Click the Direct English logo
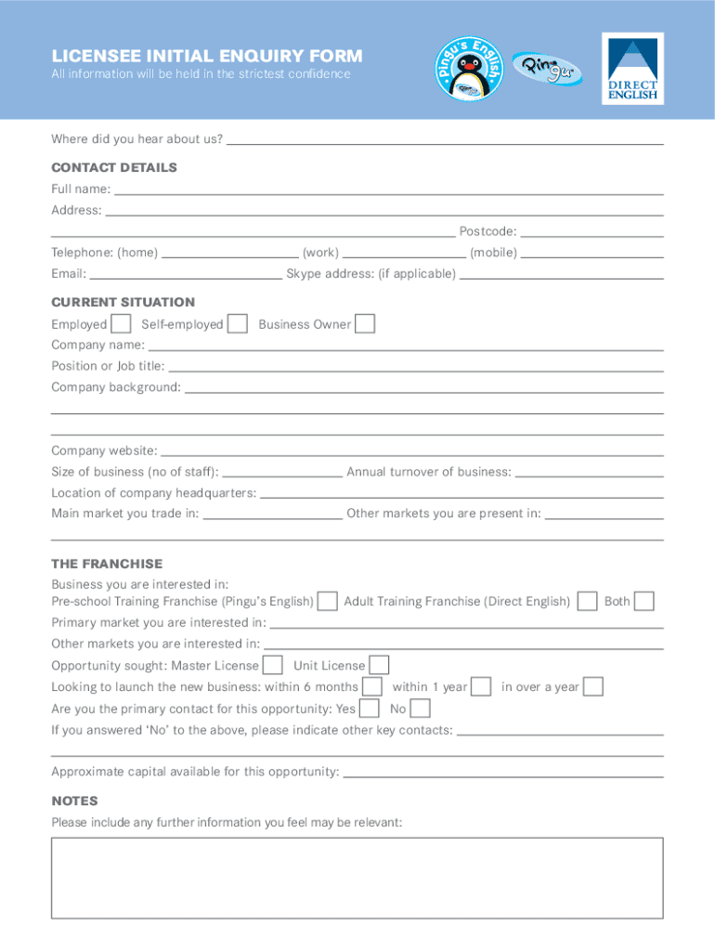tap(632, 68)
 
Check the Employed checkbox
tap(121, 323)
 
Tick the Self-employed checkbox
tap(238, 323)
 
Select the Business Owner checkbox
tap(365, 323)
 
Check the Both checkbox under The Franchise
tap(644, 601)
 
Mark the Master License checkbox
tap(273, 665)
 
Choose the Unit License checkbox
tap(380, 665)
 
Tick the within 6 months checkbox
tap(372, 686)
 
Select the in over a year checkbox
tap(593, 686)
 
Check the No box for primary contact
tap(421, 709)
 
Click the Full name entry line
tap(388, 189)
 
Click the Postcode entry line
tap(592, 232)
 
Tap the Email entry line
tap(186, 274)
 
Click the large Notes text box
tap(357, 878)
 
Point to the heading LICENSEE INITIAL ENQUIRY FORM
tap(207, 56)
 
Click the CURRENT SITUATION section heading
tap(123, 302)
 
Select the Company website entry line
tap(412, 450)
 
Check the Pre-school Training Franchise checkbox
tap(327, 601)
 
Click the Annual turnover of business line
tap(589, 472)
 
